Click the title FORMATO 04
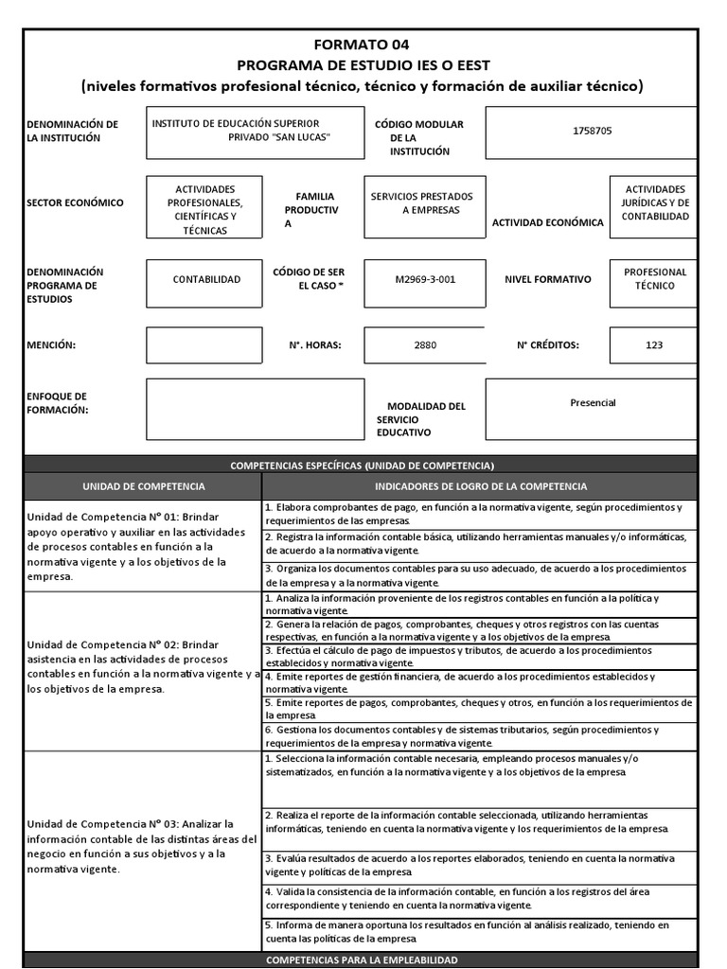363,44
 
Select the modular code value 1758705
592,131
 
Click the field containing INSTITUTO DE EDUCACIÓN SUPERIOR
255,132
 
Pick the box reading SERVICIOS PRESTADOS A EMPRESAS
423,203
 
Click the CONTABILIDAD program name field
205,280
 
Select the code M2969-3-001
424,280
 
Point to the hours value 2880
425,345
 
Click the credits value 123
654,345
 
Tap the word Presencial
593,403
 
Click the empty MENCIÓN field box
204,345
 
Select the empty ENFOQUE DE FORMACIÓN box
255,409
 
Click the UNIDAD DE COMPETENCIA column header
143,485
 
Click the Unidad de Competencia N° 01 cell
142,546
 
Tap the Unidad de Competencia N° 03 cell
142,847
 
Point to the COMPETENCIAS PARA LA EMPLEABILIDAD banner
363,960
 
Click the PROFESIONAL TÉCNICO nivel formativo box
654,279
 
